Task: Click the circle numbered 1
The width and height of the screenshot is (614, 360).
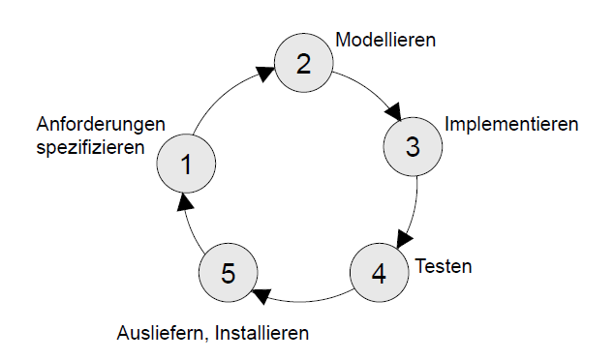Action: tap(186, 164)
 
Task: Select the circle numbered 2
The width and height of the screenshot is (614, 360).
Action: tap(304, 63)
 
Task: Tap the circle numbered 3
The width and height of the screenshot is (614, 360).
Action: tap(413, 146)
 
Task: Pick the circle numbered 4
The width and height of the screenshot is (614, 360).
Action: tap(379, 272)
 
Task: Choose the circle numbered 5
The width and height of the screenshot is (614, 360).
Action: tap(229, 272)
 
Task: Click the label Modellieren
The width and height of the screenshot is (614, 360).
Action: tap(385, 40)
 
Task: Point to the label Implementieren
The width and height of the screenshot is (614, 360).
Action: tap(511, 125)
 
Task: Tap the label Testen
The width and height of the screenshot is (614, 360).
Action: tap(444, 266)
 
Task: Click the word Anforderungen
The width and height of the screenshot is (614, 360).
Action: tap(101, 125)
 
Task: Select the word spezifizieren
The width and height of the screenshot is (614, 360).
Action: tap(90, 147)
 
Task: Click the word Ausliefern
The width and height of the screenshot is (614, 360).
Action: tap(161, 333)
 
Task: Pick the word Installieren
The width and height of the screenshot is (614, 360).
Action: tap(262, 333)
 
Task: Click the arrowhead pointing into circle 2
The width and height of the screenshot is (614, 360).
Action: tap(265, 74)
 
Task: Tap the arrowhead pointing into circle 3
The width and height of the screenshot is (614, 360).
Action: tap(393, 111)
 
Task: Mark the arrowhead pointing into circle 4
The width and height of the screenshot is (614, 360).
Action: tap(404, 239)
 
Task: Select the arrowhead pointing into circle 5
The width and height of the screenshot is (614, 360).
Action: tap(261, 296)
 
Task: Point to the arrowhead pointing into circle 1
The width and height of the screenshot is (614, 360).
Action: tap(184, 202)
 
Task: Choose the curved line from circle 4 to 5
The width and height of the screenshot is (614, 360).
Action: tap(301, 302)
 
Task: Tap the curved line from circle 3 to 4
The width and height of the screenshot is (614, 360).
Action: tap(415, 207)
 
